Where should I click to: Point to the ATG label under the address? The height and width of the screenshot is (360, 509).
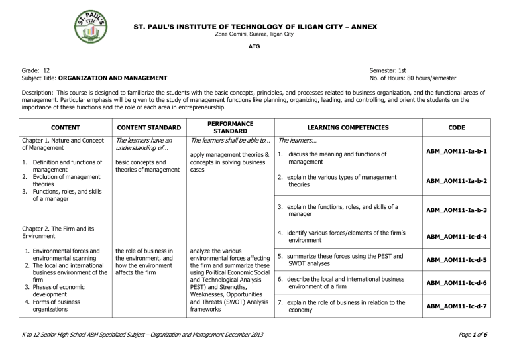coord(254,48)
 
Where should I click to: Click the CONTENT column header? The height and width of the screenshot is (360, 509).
coord(60,127)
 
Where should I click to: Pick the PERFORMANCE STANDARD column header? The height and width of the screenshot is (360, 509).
coord(227,127)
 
